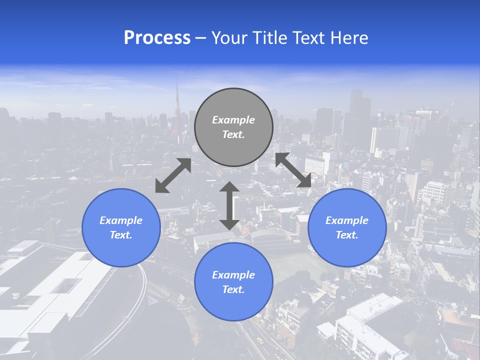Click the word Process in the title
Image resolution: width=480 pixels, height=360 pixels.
pyautogui.click(x=157, y=38)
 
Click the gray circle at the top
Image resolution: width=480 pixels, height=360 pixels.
pyautogui.click(x=233, y=127)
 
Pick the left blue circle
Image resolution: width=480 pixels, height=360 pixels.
pyautogui.click(x=121, y=227)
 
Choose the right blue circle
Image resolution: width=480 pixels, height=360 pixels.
pyautogui.click(x=347, y=227)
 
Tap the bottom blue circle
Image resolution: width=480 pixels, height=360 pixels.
pyautogui.click(x=233, y=282)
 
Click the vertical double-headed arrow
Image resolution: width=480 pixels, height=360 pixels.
pyautogui.click(x=229, y=205)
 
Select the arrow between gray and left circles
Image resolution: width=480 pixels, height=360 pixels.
pyautogui.click(x=173, y=175)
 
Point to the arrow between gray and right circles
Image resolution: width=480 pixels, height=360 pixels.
pyautogui.click(x=293, y=170)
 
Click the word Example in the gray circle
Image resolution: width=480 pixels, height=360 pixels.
pyautogui.click(x=233, y=120)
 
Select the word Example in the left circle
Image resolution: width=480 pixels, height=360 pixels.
pyautogui.click(x=121, y=220)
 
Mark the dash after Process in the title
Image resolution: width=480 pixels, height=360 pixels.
pyautogui.click(x=200, y=38)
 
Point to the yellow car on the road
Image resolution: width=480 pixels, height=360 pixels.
pyautogui.click(x=259, y=340)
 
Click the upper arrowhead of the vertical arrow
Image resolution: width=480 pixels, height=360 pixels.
pyautogui.click(x=229, y=187)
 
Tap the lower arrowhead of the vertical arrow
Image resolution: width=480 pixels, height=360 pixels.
pyautogui.click(x=229, y=223)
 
